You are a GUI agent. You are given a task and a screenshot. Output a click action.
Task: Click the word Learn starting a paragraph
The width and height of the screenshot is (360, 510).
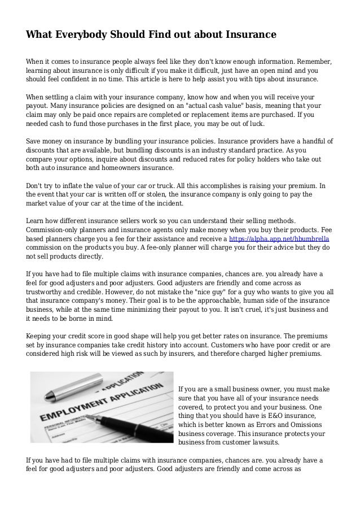point(37,221)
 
